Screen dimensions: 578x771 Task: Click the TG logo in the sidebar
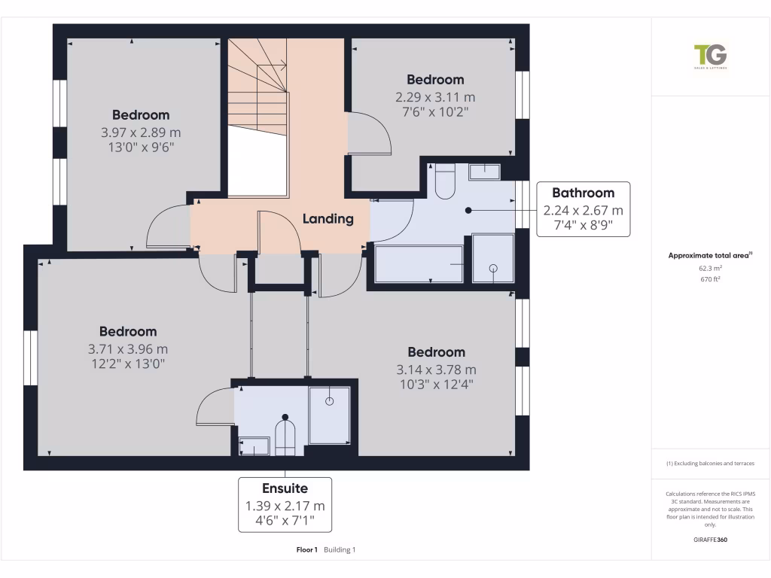[x=710, y=56]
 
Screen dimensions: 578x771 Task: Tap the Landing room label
[x=328, y=219]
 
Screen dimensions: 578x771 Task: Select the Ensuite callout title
[x=285, y=488]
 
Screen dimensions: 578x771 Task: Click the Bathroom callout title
[x=583, y=193]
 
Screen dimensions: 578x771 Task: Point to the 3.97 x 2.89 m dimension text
[x=141, y=132]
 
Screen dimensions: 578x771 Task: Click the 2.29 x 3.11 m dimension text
[x=435, y=97]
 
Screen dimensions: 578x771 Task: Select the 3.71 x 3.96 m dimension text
[x=128, y=348]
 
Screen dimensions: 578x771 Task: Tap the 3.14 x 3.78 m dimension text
[x=436, y=370]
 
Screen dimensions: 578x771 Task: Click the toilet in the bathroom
[x=445, y=181]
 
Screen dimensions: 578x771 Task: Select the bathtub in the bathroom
[x=419, y=263]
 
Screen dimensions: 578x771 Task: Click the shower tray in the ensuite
[x=329, y=415]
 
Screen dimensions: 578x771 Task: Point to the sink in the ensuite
[x=254, y=446]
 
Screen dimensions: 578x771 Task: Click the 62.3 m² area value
[x=710, y=267]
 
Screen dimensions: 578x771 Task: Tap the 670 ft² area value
[x=710, y=278]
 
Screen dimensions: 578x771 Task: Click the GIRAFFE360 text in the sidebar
[x=710, y=540]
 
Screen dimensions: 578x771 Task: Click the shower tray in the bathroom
[x=493, y=259]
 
